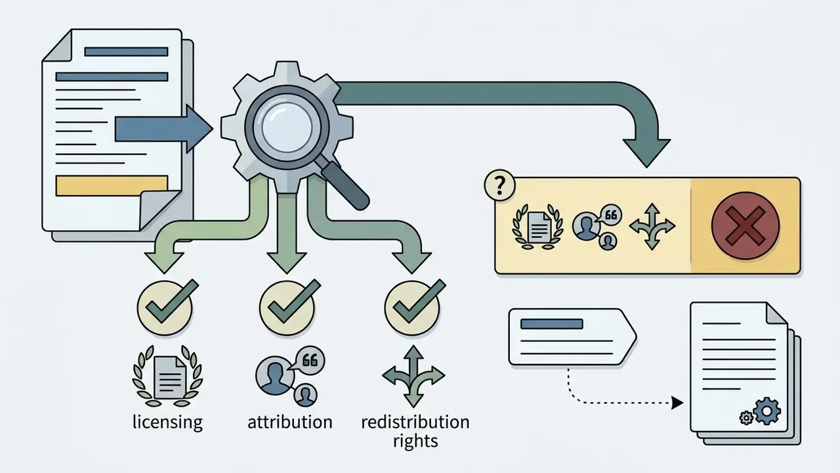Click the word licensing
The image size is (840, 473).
click(167, 422)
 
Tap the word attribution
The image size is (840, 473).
click(290, 422)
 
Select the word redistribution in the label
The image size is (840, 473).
click(415, 422)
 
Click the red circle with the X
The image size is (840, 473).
click(745, 225)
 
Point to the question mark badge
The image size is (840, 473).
click(499, 185)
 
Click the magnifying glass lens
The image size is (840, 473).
click(287, 127)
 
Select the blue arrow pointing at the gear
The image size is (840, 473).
click(164, 129)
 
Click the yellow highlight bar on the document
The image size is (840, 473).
click(112, 185)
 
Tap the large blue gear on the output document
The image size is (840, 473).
click(767, 411)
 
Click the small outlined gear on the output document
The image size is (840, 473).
click(746, 418)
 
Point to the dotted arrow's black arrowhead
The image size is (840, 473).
click(677, 403)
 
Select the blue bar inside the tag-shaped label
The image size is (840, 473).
click(552, 324)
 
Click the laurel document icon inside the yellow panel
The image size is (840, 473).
click(537, 227)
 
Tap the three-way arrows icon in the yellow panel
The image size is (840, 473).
click(652, 227)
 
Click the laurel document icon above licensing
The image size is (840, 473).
click(167, 376)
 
